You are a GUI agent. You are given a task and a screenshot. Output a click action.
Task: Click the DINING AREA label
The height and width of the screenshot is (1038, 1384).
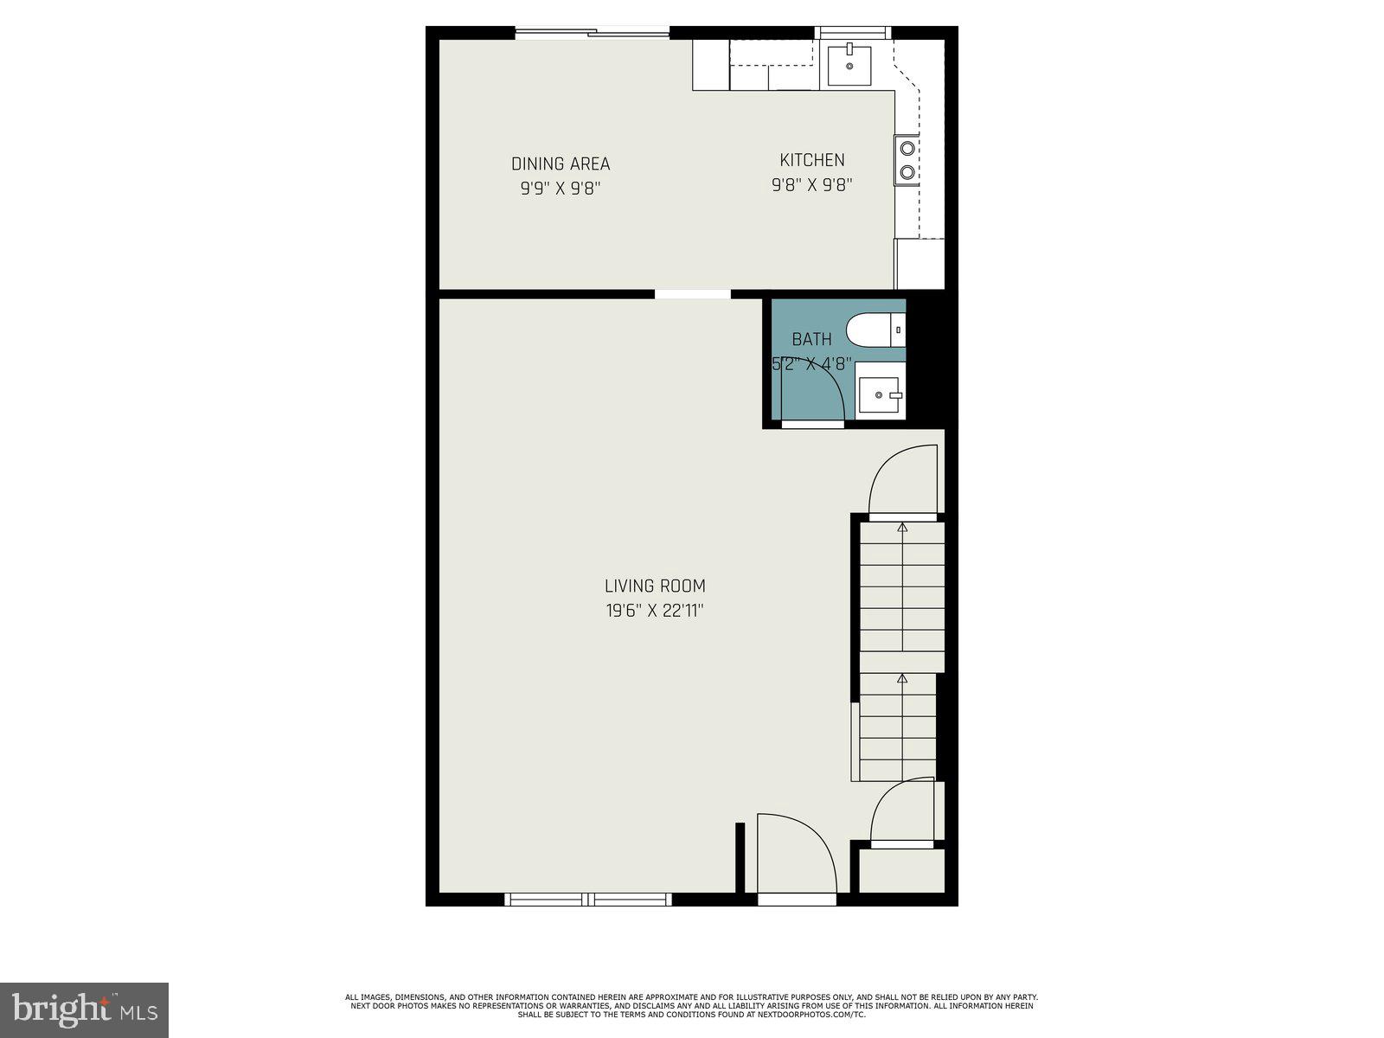(561, 163)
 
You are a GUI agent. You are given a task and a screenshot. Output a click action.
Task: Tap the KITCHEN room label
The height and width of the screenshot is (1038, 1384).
(811, 160)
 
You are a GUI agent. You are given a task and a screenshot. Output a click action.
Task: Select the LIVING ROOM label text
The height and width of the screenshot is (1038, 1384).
(655, 586)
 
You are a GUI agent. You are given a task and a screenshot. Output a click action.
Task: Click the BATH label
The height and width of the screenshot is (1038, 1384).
(811, 339)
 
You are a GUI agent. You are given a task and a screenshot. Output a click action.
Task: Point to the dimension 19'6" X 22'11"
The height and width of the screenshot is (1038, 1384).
(655, 611)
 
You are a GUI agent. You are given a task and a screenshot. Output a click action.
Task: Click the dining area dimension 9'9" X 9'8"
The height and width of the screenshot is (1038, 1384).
(561, 188)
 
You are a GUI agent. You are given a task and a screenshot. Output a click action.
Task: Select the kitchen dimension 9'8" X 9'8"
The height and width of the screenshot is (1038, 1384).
(811, 184)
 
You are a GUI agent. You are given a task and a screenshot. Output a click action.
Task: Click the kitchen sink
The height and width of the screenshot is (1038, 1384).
(849, 65)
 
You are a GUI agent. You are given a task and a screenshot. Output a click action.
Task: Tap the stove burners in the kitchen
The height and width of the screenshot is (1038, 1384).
(907, 160)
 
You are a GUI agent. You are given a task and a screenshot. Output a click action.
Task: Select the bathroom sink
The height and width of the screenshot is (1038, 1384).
(881, 395)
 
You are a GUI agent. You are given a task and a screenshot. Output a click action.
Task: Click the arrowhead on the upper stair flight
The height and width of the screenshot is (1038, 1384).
(902, 526)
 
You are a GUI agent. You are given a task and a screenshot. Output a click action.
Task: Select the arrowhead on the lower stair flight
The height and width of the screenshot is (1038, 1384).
(902, 679)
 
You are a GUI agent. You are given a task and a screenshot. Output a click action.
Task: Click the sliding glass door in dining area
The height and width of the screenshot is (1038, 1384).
(593, 34)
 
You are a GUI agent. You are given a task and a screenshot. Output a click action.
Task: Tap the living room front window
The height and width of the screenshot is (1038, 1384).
(588, 900)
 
